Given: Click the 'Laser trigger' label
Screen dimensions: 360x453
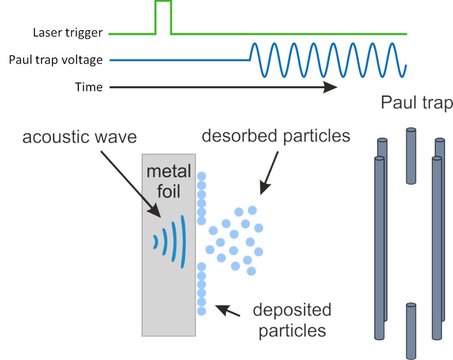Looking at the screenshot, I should [x=68, y=33].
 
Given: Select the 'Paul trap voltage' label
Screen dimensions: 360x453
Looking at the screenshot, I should [x=56, y=60].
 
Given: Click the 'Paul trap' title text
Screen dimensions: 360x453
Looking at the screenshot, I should [x=416, y=104].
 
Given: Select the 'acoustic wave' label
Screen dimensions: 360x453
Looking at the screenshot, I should [x=79, y=136].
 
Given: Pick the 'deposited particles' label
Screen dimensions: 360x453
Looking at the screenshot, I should [x=292, y=319].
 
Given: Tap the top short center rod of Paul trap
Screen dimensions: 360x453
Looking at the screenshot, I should [x=411, y=156].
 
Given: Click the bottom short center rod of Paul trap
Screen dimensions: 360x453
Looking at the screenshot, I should [x=411, y=330].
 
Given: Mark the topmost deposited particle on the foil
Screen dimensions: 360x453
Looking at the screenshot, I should [x=201, y=176].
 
